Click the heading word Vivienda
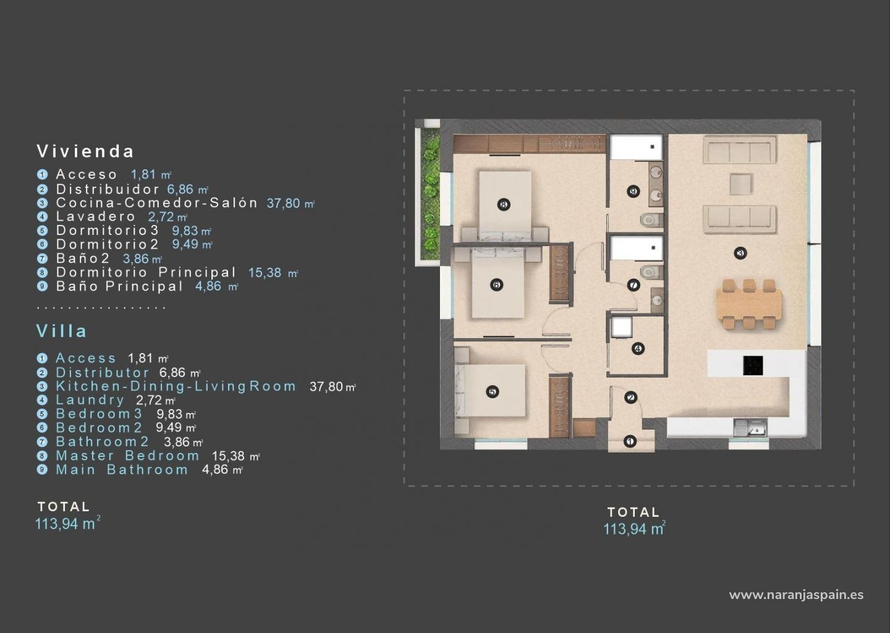coord(85,151)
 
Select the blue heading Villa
coord(62,331)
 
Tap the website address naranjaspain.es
coord(796,595)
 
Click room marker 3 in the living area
coord(740,253)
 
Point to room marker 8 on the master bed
coord(503,205)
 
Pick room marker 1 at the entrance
coord(630,441)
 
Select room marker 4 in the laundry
coord(638,349)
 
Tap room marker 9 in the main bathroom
coord(634,192)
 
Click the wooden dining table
coord(749,304)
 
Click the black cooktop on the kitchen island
coord(753,365)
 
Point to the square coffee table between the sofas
coord(741,184)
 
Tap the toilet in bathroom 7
coord(651,272)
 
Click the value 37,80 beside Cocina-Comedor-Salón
coord(283,203)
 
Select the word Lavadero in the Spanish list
coord(96,216)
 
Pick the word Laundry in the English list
coord(90,400)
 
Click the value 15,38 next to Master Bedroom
coord(228,456)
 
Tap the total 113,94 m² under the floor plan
coord(635,529)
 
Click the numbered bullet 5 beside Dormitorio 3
coord(42,231)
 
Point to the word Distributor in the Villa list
coord(103,373)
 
